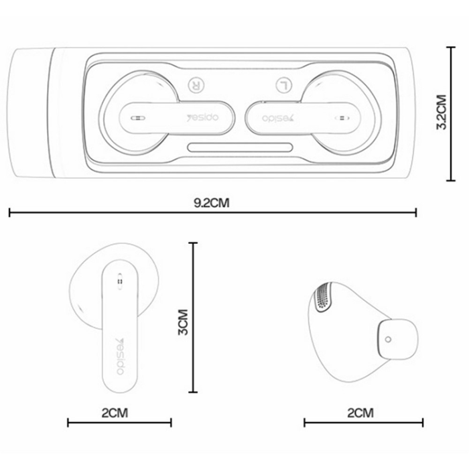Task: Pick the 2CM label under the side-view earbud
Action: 362,411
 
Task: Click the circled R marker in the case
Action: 196,85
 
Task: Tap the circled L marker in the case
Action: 283,85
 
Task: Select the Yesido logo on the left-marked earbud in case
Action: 274,117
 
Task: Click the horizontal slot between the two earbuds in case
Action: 239,147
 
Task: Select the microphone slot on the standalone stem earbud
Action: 121,282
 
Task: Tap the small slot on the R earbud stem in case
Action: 136,117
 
